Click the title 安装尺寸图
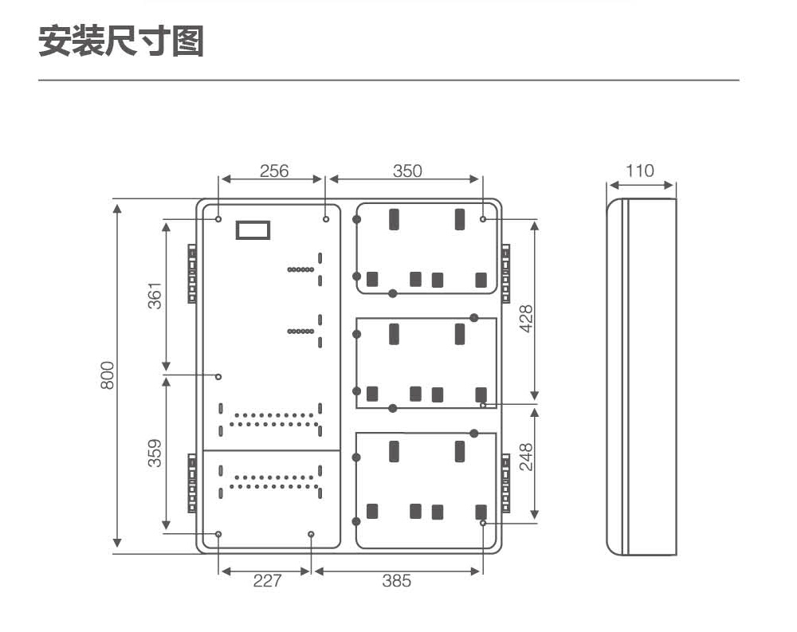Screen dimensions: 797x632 click(121, 41)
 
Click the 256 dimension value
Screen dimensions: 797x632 click(274, 171)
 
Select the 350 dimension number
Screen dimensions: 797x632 click(407, 171)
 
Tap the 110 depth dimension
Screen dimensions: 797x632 click(639, 171)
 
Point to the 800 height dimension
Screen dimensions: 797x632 click(108, 375)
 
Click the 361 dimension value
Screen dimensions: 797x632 click(155, 296)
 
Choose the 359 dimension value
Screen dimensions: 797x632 click(155, 453)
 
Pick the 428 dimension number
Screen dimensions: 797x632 click(526, 318)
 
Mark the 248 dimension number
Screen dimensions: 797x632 click(526, 457)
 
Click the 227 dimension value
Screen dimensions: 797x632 click(267, 581)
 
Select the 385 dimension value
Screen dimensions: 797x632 click(396, 581)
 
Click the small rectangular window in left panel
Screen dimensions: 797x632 click(253, 230)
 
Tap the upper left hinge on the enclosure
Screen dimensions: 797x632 click(192, 273)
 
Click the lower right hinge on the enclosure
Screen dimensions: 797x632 click(506, 483)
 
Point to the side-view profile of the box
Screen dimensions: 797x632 click(642, 377)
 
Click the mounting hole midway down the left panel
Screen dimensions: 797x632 click(218, 377)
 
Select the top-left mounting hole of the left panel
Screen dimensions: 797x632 click(218, 219)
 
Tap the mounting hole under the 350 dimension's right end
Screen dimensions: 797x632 click(483, 219)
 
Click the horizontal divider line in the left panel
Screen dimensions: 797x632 click(272, 450)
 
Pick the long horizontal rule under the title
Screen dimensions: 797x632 click(389, 80)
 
